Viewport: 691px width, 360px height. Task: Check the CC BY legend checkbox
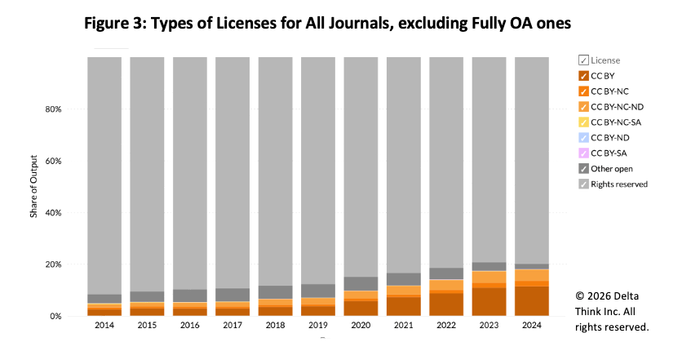[x=583, y=75]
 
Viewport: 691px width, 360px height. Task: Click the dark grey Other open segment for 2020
[x=361, y=283]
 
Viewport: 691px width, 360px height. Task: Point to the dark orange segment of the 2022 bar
[x=445, y=304]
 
